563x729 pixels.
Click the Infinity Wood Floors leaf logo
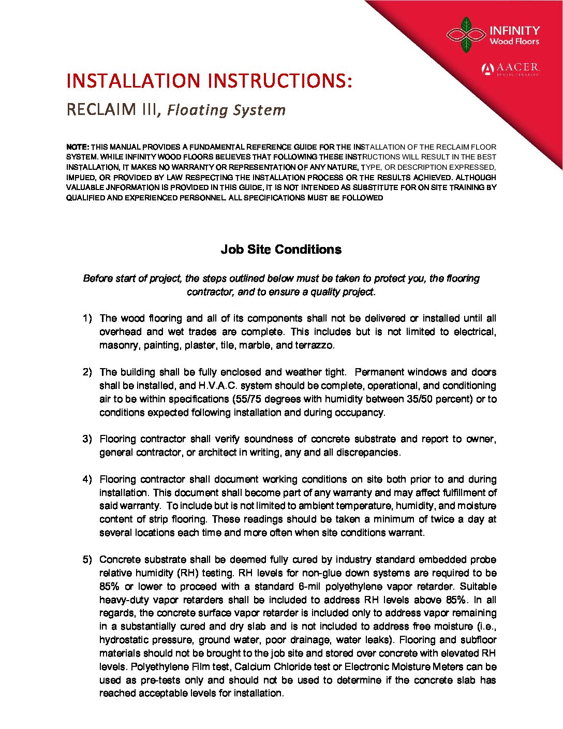(x=466, y=35)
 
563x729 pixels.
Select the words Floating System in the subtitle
(x=226, y=110)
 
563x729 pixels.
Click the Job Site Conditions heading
(x=281, y=249)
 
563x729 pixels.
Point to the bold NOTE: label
(x=78, y=147)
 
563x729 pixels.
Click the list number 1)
(x=87, y=318)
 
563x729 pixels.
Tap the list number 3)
(x=87, y=439)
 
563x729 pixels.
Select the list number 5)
(x=87, y=560)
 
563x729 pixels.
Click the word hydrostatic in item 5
(x=126, y=640)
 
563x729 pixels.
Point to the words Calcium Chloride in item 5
(x=269, y=667)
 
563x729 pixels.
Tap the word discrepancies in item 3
(x=367, y=453)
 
